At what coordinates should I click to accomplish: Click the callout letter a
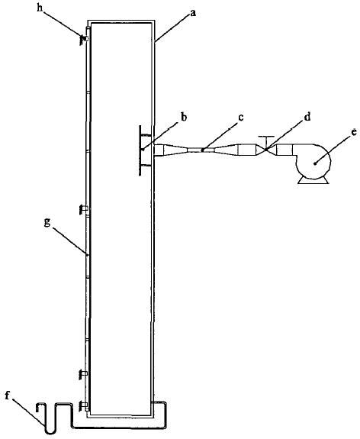point(193,13)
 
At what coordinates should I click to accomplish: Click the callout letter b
point(184,117)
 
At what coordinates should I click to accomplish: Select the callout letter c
point(241,118)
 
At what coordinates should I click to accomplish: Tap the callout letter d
point(307,117)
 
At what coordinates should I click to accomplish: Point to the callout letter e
point(354,132)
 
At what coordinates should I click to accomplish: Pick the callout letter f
point(8,396)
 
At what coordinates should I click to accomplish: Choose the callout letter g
point(47,223)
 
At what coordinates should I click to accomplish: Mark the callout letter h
point(40,8)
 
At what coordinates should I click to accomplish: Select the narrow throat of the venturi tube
point(201,150)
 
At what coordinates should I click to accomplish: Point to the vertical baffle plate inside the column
point(140,150)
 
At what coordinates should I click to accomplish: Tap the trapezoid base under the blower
point(313,181)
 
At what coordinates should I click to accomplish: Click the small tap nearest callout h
point(84,39)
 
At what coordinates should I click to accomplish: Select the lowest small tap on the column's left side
point(84,405)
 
